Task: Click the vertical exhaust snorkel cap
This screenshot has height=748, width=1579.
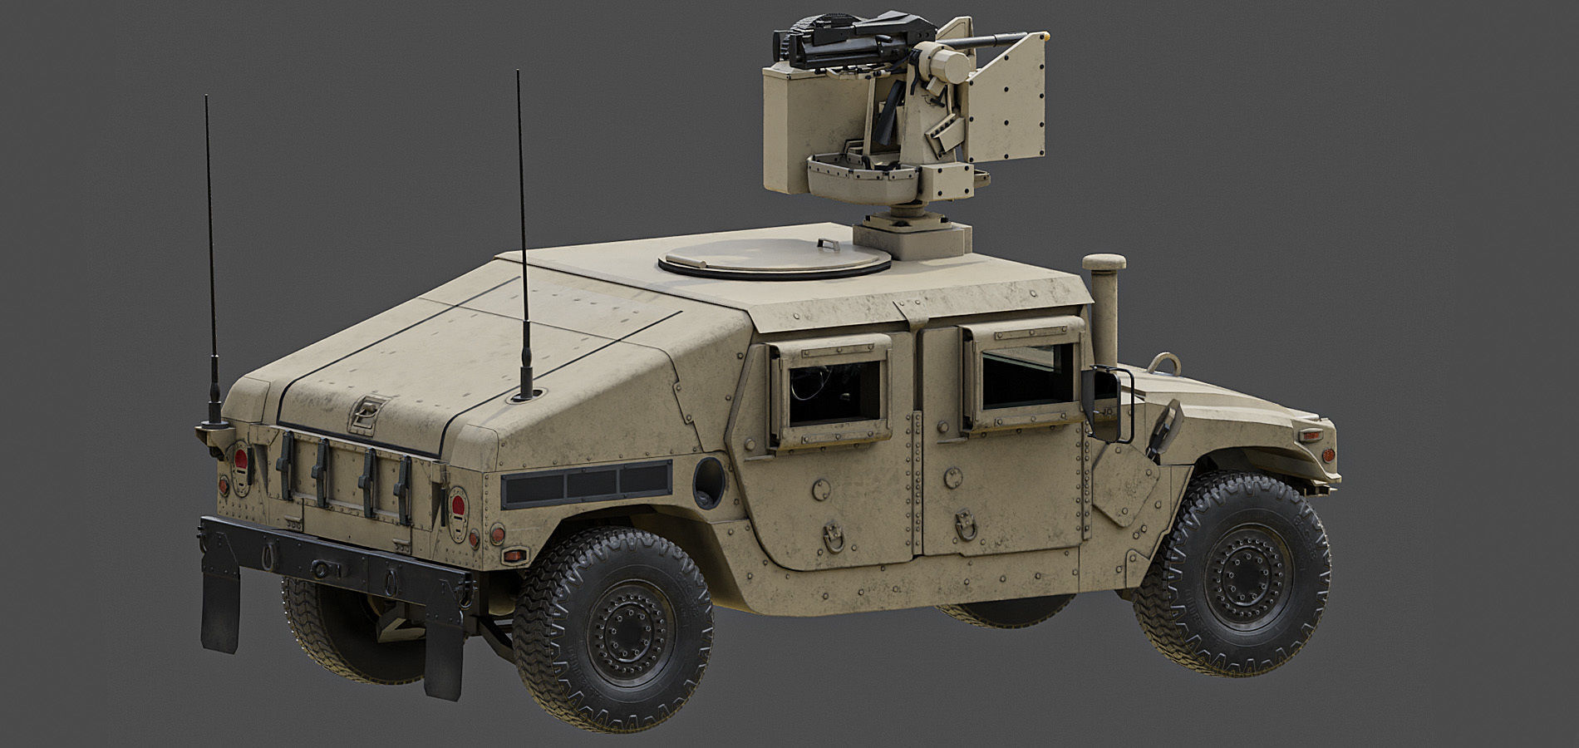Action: coord(1104,263)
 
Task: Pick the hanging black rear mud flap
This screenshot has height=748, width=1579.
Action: coord(219,608)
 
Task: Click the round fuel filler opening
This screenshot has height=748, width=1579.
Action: coord(708,482)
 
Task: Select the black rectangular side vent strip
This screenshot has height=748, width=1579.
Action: coord(586,485)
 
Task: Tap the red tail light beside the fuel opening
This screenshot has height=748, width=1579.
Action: coord(457,504)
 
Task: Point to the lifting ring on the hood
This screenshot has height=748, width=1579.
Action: coord(1163,364)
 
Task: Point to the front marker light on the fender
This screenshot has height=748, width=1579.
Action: coord(1310,435)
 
